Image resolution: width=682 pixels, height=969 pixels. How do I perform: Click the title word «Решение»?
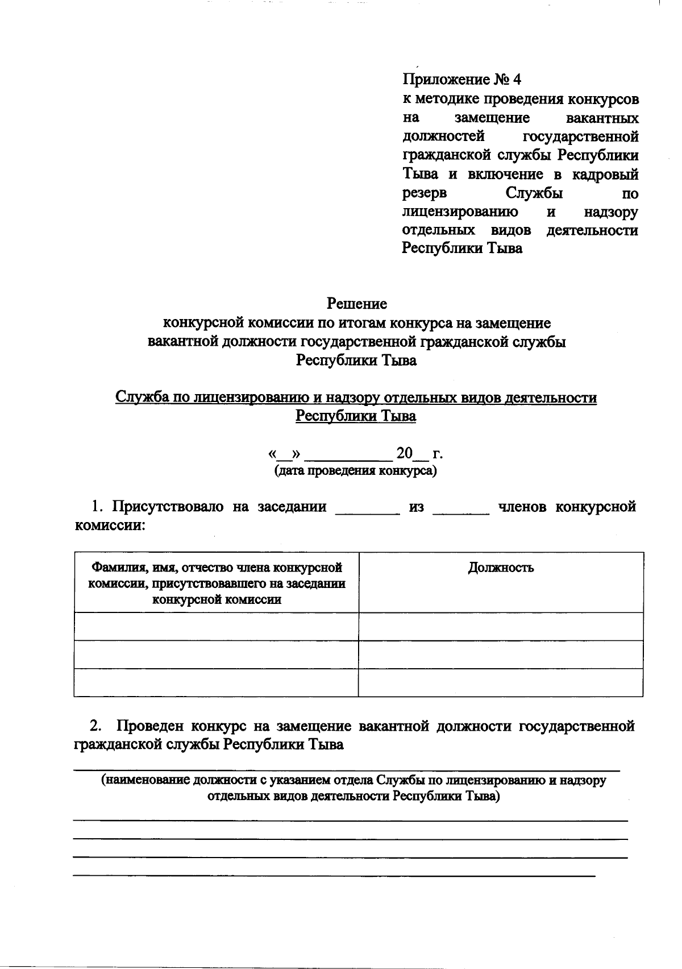(356, 304)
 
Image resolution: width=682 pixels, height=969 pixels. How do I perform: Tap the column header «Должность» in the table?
(501, 568)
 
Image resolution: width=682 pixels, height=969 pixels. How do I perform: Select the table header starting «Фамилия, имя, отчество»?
(217, 583)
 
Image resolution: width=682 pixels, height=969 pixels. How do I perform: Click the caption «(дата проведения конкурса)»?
(356, 471)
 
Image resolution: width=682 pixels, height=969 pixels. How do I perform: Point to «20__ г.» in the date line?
(419, 454)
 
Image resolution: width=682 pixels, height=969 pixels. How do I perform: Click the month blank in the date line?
(348, 455)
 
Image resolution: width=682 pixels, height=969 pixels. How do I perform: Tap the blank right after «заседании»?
(368, 508)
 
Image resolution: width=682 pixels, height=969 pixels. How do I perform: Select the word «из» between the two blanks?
(417, 507)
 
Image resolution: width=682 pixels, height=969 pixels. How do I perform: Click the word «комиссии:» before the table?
(110, 525)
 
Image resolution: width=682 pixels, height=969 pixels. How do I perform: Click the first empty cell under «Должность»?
(501, 627)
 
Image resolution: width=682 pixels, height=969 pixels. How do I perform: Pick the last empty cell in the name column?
(216, 682)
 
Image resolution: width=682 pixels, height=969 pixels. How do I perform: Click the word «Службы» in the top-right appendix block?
(534, 193)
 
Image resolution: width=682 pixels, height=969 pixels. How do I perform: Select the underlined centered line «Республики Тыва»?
(356, 416)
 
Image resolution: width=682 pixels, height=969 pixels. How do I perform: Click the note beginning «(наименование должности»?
(354, 788)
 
